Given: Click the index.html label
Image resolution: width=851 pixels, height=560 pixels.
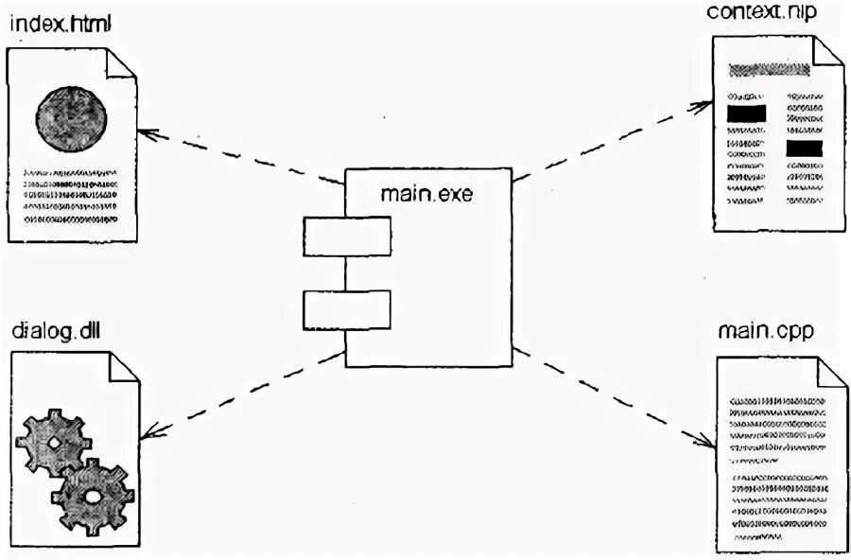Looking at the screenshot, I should (x=61, y=25).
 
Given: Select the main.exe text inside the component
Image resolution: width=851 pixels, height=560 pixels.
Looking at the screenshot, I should (x=426, y=195).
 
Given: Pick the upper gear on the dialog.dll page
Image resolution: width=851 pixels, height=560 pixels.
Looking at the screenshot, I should (x=54, y=442).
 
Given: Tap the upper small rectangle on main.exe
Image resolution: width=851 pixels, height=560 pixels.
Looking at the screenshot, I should (x=347, y=236).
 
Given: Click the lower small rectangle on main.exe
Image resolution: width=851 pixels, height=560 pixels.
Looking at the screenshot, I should (x=347, y=309).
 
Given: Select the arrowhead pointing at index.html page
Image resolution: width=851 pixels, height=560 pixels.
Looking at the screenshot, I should (x=148, y=131).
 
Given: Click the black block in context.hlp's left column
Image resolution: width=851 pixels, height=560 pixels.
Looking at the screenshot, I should (x=746, y=114).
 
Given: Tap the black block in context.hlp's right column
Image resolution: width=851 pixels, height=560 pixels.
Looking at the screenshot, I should (x=805, y=149).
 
